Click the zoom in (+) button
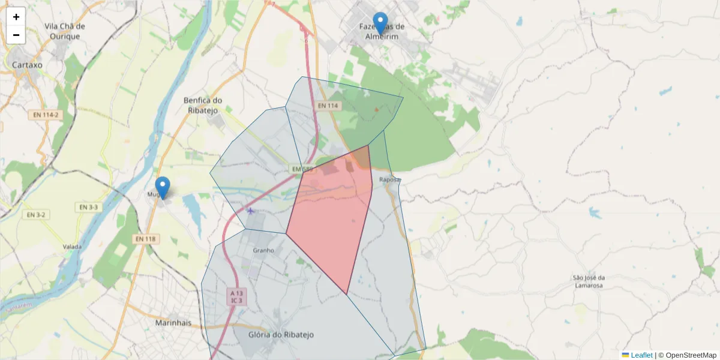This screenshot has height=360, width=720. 16,17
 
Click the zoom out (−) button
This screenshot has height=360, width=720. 16,35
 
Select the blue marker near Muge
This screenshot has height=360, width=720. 162,188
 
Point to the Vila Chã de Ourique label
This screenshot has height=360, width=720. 65,31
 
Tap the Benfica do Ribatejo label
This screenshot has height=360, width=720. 203,105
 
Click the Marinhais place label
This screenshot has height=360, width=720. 173,323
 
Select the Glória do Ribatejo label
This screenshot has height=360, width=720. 281,334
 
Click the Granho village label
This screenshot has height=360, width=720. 263,250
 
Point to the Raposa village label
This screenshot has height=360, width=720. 389,179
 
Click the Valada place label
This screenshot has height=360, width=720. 73,247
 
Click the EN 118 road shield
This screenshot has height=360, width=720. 145,239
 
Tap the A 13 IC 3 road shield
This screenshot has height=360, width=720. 236,296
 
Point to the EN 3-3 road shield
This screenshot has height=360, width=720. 88,207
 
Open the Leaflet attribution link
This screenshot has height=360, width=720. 641,355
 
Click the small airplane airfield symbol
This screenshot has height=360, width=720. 250,211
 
